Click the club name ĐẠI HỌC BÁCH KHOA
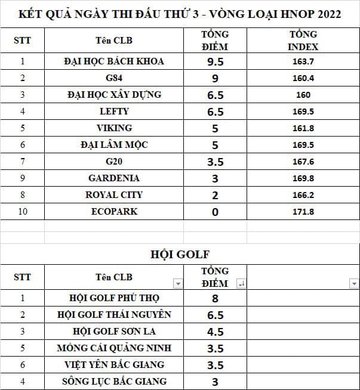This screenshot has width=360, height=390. pyautogui.click(x=113, y=61)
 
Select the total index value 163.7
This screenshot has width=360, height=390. pyautogui.click(x=303, y=61)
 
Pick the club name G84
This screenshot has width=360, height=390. pyautogui.click(x=113, y=78)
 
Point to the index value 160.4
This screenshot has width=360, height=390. pyautogui.click(x=303, y=78)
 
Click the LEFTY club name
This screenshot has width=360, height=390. pyautogui.click(x=113, y=112)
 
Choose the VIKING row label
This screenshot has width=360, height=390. pyautogui.click(x=113, y=128)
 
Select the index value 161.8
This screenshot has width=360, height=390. pyautogui.click(x=303, y=128)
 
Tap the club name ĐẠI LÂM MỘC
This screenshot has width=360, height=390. pyautogui.click(x=113, y=145)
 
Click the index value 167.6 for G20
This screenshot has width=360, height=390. pyautogui.click(x=303, y=162)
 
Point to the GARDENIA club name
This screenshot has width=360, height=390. pyautogui.click(x=113, y=178)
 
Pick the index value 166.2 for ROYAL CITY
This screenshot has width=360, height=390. pyautogui.click(x=303, y=195)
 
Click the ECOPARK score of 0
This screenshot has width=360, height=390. pyautogui.click(x=215, y=212)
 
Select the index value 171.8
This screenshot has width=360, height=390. pyautogui.click(x=303, y=212)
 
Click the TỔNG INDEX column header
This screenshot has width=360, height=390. pyautogui.click(x=303, y=41)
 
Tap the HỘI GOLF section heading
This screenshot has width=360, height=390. pyautogui.click(x=179, y=255)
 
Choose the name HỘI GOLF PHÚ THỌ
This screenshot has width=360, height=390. pyautogui.click(x=113, y=298)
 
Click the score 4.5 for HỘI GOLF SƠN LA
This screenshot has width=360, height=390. pyautogui.click(x=215, y=332)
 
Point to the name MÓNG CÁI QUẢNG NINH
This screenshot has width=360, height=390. pyautogui.click(x=113, y=348)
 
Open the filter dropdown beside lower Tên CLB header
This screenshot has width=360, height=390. pyautogui.click(x=177, y=284)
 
